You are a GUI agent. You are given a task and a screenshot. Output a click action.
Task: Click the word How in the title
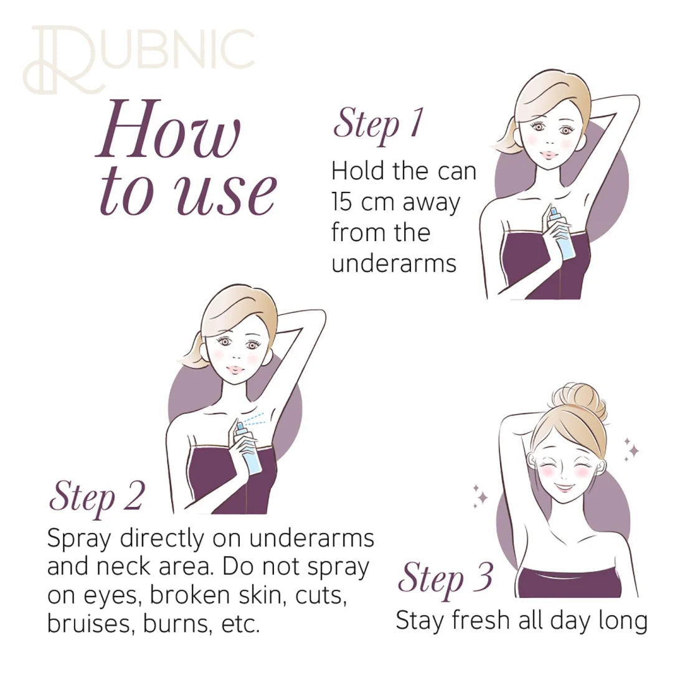[x=169, y=130]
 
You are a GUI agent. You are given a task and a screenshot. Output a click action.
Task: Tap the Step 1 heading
[x=379, y=125]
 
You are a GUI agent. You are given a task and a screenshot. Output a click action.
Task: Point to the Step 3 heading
[x=445, y=579]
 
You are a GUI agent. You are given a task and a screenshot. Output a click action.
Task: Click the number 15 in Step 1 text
[x=342, y=202]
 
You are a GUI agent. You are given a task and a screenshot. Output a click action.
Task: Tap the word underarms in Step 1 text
[x=394, y=263]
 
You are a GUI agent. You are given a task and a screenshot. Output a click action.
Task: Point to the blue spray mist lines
[x=254, y=419]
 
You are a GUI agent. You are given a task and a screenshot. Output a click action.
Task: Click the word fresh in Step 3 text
[x=481, y=620]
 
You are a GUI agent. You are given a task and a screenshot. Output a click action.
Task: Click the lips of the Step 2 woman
[x=235, y=370]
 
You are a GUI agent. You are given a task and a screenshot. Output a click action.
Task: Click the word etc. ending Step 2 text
[x=241, y=625]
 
